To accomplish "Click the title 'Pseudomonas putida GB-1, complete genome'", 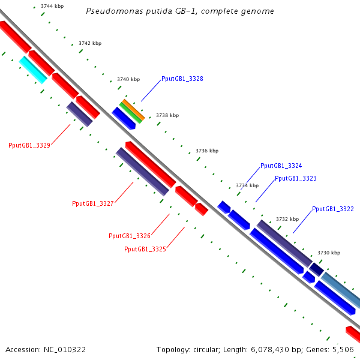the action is [x=180, y=11].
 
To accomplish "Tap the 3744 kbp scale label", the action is [x=52, y=6].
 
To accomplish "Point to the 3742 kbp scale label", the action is [x=90, y=43].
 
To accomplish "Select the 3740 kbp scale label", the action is [x=128, y=79].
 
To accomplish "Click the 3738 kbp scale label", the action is [x=167, y=115].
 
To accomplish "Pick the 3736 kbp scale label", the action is [x=207, y=151].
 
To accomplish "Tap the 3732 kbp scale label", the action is [x=287, y=219].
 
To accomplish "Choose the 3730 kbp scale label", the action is [x=329, y=253].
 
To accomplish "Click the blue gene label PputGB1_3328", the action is [x=182, y=79].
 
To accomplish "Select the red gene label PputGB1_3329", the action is [x=29, y=145].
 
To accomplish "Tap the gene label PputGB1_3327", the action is [x=93, y=203].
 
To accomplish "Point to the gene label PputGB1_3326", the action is [x=130, y=236].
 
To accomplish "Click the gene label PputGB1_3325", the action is [x=145, y=250].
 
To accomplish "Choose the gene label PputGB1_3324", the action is [x=281, y=166].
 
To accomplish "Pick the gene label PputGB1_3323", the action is [x=296, y=178].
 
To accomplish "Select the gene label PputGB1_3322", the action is [x=333, y=209].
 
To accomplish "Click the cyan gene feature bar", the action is [x=33, y=70].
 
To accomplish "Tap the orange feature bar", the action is [x=133, y=110].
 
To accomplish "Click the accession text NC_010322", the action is [x=65, y=350].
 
